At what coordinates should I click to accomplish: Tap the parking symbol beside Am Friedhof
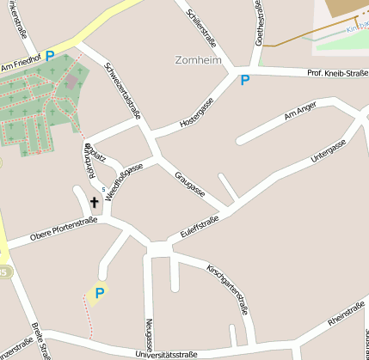[50, 56]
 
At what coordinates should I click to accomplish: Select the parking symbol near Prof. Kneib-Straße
[245, 81]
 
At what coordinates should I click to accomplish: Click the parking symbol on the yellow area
[100, 293]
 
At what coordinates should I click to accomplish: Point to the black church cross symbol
[94, 203]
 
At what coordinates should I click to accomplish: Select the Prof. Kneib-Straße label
[336, 72]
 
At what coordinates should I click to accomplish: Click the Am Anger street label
[300, 114]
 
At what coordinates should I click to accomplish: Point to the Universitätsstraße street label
[165, 353]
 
